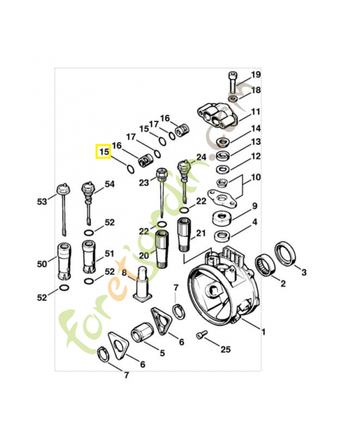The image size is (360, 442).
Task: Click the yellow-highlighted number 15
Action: click(103, 151)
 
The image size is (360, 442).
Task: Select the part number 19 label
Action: click(256, 75)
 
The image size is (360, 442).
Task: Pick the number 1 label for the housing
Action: click(263, 332)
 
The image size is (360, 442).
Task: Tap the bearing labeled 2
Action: click(265, 266)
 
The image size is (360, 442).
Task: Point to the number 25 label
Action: click(225, 349)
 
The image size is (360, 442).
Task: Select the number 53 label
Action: click(42, 202)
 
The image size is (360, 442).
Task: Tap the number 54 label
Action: click(109, 184)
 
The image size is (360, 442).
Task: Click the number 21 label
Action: click(200, 233)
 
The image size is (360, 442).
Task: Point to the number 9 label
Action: click(255, 206)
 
